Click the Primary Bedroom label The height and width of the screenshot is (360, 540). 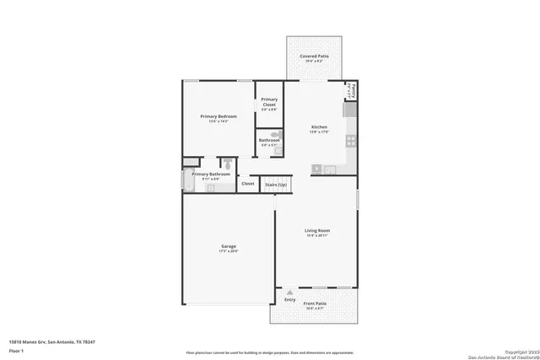point(218,116)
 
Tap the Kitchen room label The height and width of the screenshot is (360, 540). point(319,127)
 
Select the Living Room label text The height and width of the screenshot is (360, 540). point(317,230)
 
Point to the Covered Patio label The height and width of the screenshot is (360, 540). point(315,56)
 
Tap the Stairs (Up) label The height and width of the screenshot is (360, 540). point(276,184)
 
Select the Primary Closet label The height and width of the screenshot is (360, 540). point(269,103)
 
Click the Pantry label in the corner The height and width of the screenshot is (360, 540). point(354,89)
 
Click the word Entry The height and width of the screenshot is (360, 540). point(289,300)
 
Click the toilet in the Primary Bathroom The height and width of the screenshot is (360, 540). point(227,163)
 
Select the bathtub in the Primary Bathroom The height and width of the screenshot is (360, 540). point(187,180)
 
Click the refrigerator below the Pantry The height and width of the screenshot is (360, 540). point(350,110)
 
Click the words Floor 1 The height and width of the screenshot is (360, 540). point(17,349)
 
